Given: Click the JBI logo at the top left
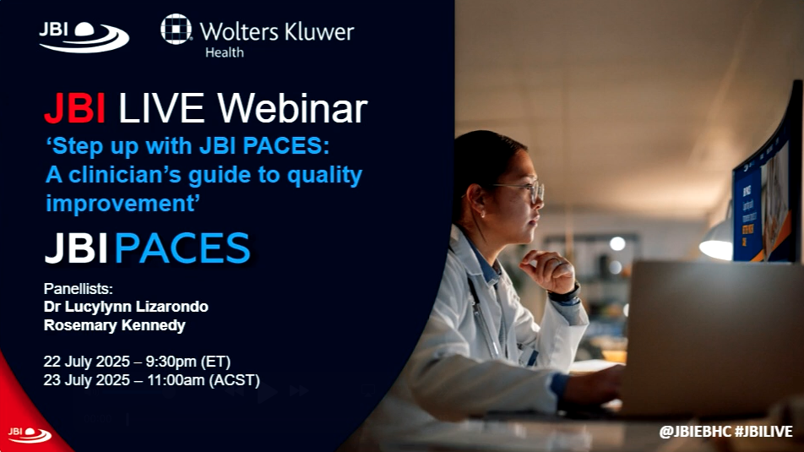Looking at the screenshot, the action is click(84, 37).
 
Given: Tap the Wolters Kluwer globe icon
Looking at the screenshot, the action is click(176, 30).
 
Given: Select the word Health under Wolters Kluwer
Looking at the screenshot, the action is click(225, 52).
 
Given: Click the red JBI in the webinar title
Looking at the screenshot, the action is click(75, 108).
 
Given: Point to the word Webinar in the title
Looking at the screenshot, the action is click(292, 108).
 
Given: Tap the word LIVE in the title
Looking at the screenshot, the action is click(161, 108).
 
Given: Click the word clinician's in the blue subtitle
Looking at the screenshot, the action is click(125, 175).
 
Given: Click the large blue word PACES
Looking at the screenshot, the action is click(182, 248).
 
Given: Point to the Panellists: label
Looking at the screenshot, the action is click(78, 288).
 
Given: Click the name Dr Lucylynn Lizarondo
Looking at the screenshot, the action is click(126, 307).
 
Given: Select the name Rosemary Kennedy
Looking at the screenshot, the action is click(115, 325).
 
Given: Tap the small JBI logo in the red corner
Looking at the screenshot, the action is click(30, 434).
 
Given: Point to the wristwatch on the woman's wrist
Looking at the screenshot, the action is click(564, 295).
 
